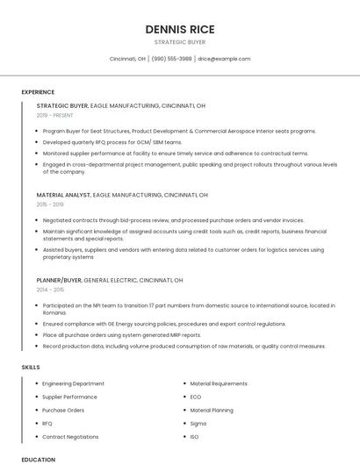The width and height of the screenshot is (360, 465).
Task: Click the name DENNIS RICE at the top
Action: tap(180, 29)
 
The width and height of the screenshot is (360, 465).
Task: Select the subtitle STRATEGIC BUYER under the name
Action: tap(180, 42)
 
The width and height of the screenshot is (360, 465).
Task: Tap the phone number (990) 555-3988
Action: tap(171, 59)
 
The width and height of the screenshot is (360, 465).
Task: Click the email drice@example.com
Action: tap(224, 59)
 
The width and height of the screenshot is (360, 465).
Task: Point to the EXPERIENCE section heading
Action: tap(38, 92)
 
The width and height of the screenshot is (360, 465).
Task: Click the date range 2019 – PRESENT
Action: tap(55, 115)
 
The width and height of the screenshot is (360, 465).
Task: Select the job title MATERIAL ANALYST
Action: tap(62, 195)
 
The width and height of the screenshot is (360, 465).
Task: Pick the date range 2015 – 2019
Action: tap(50, 204)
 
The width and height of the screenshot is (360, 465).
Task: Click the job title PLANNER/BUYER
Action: tap(59, 280)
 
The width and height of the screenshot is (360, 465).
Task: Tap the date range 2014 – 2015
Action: tap(50, 290)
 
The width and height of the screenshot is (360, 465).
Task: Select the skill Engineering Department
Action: tap(73, 383)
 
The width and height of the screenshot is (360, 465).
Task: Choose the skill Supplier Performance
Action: tap(69, 397)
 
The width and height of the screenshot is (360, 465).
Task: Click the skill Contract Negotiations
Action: tap(70, 436)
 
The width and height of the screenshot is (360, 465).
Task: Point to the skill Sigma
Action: tap(198, 423)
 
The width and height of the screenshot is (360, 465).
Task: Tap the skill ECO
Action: tap(196, 397)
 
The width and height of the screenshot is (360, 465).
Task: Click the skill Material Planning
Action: tap(212, 410)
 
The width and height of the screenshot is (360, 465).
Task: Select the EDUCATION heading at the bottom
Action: tap(38, 459)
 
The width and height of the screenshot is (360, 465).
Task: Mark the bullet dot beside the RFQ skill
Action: tap(36, 423)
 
